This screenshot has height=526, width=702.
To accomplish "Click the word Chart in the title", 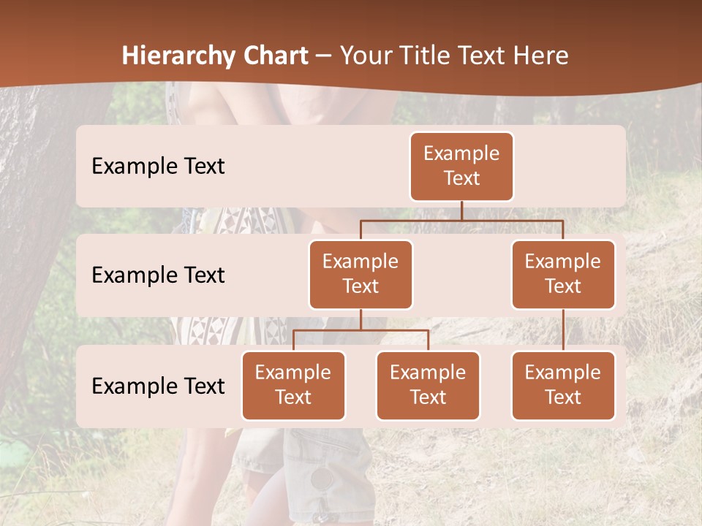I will pyautogui.click(x=272, y=56).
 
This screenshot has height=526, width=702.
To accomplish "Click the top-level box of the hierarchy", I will pyautogui.click(x=461, y=166).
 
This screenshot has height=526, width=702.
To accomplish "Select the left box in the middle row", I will pyautogui.click(x=361, y=274).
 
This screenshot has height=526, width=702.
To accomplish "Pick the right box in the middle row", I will pyautogui.click(x=563, y=274).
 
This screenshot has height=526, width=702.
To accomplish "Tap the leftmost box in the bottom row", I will pyautogui.click(x=293, y=385).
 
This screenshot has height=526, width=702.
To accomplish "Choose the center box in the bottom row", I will pyautogui.click(x=428, y=385).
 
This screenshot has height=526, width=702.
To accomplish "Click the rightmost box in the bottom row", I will pyautogui.click(x=563, y=385).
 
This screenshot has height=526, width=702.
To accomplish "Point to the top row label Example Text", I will pyautogui.click(x=158, y=166).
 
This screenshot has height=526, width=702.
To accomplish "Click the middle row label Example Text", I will pyautogui.click(x=158, y=275).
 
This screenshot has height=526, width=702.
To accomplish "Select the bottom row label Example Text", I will pyautogui.click(x=158, y=386).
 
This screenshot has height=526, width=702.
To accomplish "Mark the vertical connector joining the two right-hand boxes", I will pyautogui.click(x=563, y=330).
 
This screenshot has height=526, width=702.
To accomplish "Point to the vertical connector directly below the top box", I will pyautogui.click(x=461, y=210).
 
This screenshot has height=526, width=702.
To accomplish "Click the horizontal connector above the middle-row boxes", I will pyautogui.click(x=461, y=220).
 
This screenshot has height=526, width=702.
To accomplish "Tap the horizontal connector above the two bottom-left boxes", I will pyautogui.click(x=361, y=330).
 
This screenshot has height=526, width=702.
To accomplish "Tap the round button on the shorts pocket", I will pyautogui.click(x=321, y=479).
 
